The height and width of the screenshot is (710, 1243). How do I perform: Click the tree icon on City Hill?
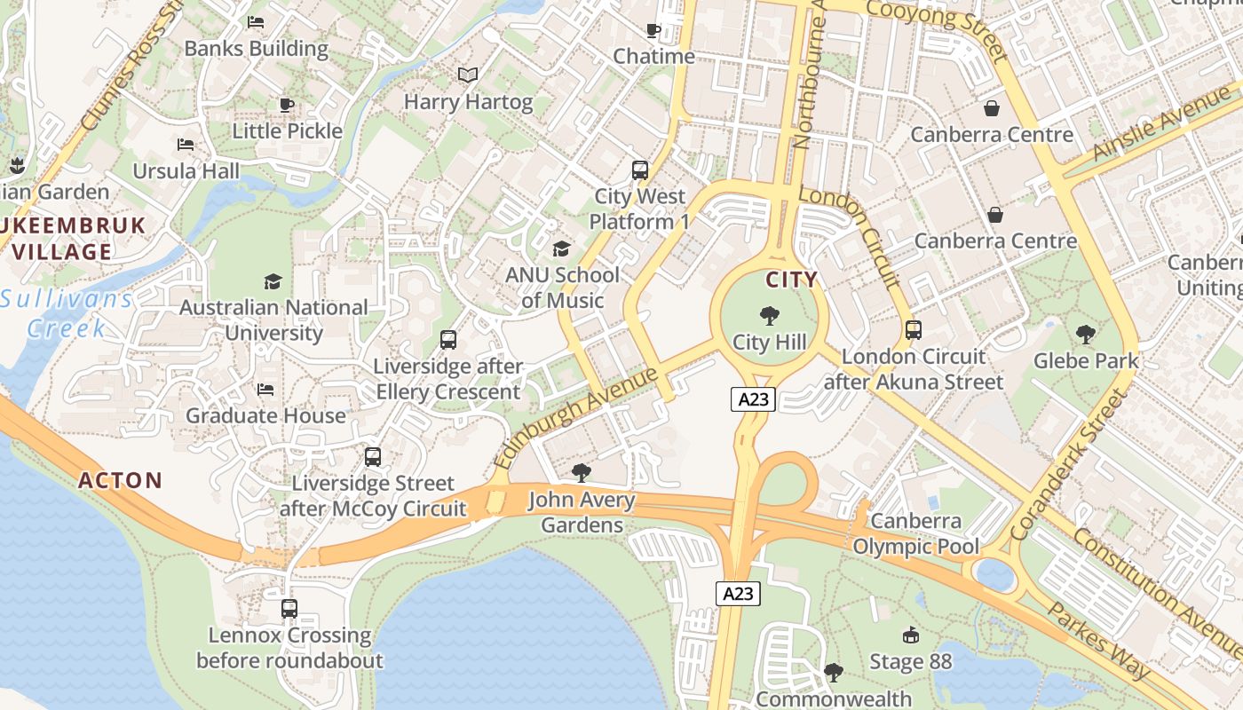(x=770, y=315)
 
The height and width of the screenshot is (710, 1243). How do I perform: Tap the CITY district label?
(x=791, y=280)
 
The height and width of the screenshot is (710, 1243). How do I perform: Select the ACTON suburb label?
(x=121, y=481)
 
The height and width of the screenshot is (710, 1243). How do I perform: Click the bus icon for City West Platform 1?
(x=639, y=170)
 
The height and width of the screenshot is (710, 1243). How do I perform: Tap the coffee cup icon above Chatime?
(x=653, y=31)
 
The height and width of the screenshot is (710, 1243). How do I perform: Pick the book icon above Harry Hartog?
(x=468, y=75)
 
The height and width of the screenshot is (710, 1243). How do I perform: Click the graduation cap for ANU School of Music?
(x=561, y=248)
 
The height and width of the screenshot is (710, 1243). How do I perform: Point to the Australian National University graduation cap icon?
(x=273, y=281)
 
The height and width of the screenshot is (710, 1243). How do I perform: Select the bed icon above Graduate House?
(x=265, y=389)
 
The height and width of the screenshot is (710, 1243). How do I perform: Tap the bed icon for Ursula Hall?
(x=186, y=144)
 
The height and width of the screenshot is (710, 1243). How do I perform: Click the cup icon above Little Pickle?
(x=287, y=105)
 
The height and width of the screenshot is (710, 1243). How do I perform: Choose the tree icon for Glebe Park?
(x=1085, y=335)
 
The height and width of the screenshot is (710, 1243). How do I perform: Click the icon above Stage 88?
(x=910, y=635)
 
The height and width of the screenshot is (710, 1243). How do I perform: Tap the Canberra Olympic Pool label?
(x=915, y=533)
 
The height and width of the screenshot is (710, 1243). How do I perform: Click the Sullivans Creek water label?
(x=67, y=313)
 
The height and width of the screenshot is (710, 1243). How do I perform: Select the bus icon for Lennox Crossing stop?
(x=289, y=609)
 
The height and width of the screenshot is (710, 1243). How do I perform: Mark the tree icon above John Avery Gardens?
(x=582, y=473)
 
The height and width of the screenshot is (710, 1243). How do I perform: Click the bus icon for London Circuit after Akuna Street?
(x=914, y=330)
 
